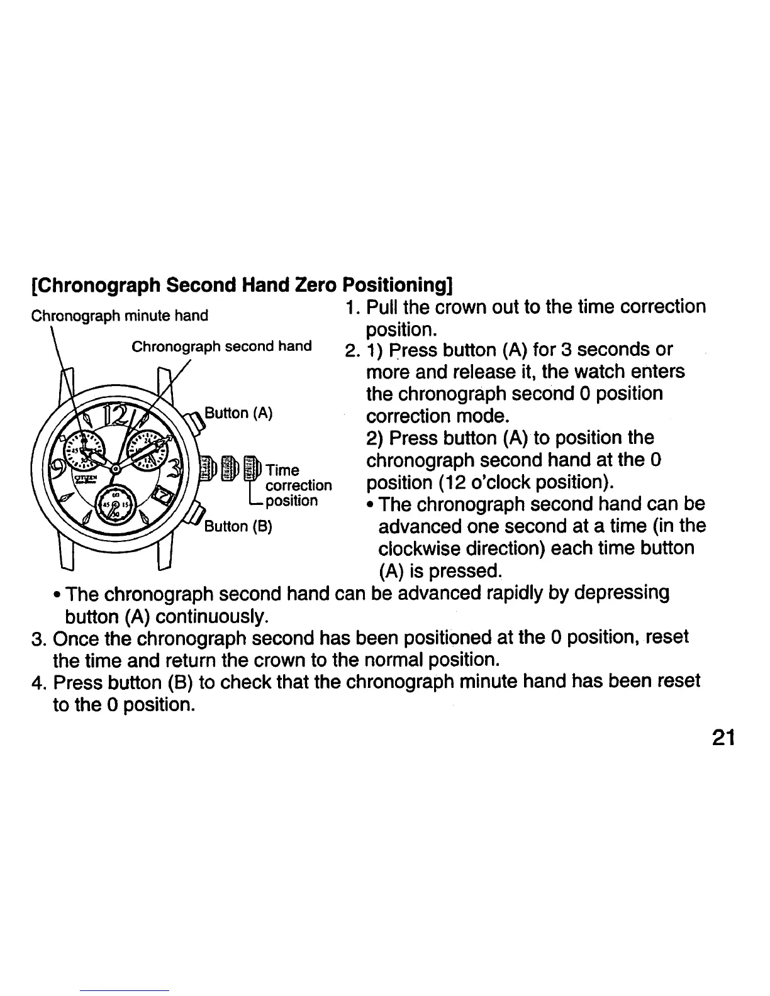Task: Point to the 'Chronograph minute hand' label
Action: point(120,315)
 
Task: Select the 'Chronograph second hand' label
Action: point(221,346)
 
